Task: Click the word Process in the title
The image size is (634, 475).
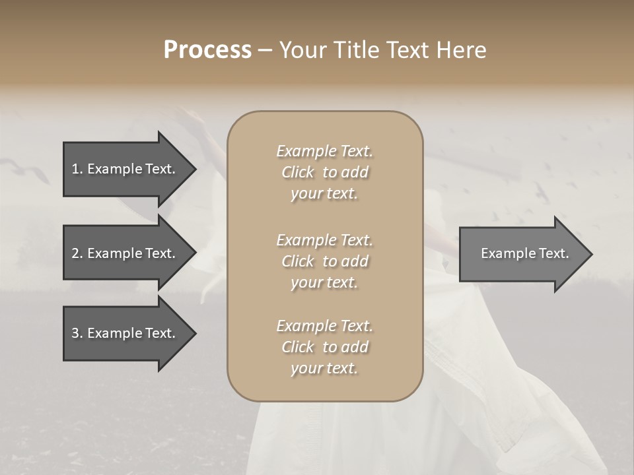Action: coord(207,50)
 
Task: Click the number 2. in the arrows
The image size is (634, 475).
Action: coord(77,253)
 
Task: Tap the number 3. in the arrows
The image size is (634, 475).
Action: coord(77,333)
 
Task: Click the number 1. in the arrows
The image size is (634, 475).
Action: coord(77,169)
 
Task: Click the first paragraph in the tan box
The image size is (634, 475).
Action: coord(324,172)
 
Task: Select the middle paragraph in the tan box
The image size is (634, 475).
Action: coord(324,261)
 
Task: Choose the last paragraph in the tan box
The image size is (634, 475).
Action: coord(324,347)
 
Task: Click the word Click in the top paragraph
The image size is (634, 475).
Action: coord(298,173)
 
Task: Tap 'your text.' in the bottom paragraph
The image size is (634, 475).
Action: coord(324,369)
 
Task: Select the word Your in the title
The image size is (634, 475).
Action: coord(301,50)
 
